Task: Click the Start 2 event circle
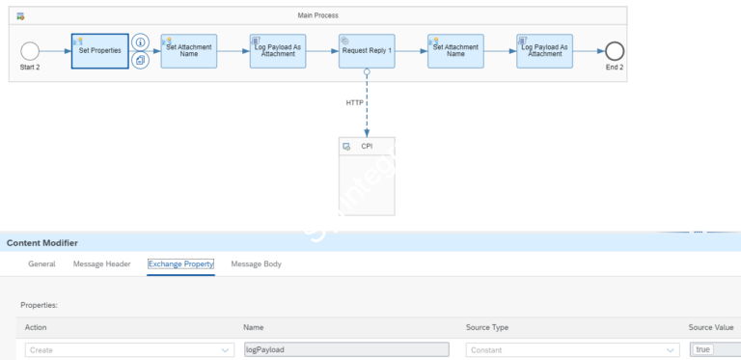30,50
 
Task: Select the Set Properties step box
99,50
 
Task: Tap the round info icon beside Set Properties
140,42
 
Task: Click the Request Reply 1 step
367,50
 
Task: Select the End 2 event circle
615,50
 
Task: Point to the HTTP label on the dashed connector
355,102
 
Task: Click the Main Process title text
317,15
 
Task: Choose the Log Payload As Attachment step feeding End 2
545,50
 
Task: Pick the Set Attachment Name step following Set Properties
189,50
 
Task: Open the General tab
41,263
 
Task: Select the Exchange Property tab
180,263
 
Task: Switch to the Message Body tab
256,263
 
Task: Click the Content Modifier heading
42,242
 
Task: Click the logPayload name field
345,349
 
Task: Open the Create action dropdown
128,349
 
